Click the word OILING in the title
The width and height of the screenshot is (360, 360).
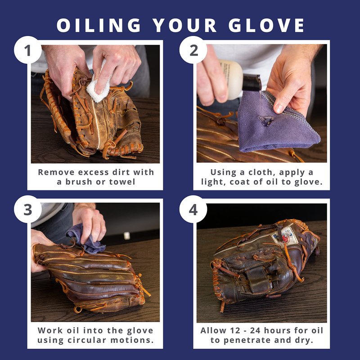(99, 25)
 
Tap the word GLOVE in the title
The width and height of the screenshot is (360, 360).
(266, 25)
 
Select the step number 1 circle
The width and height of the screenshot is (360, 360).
(28, 50)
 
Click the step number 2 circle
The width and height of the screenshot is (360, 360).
(193, 50)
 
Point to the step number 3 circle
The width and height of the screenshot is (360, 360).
(28, 209)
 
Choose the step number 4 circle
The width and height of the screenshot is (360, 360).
(193, 209)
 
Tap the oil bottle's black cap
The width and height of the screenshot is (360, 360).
(252, 83)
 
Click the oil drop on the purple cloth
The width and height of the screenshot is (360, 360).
(265, 120)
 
